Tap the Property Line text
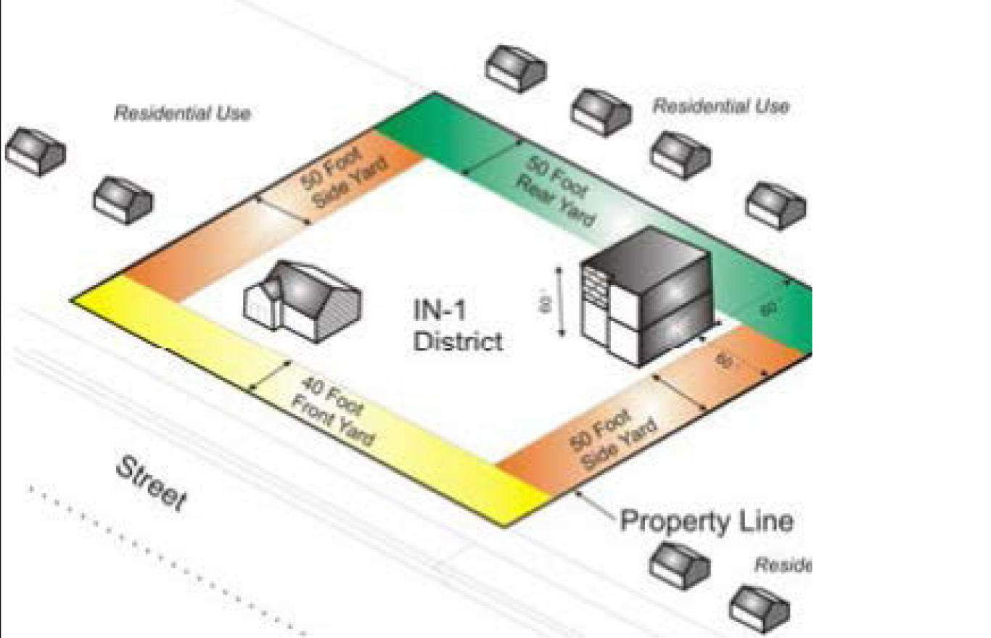pyautogui.click(x=706, y=521)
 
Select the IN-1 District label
pyautogui.click(x=457, y=326)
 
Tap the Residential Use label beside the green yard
pyautogui.click(x=720, y=107)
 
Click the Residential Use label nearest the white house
pyautogui.click(x=182, y=113)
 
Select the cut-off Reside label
pyautogui.click(x=782, y=565)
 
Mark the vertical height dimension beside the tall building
pyautogui.click(x=560, y=302)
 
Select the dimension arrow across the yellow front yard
pyautogui.click(x=271, y=376)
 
